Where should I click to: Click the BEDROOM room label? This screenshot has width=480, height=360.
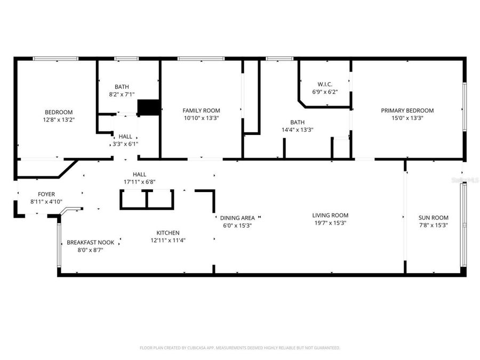(59, 112)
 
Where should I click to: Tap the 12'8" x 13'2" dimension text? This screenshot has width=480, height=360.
(59, 120)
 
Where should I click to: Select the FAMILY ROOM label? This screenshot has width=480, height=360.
(201, 110)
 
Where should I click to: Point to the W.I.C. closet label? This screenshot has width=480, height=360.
(325, 84)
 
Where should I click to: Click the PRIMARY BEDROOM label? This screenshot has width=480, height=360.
(407, 110)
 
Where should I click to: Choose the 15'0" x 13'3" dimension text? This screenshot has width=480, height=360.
(407, 118)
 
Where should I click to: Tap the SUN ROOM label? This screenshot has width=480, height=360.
(433, 218)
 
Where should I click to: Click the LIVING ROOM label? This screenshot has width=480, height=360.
(330, 215)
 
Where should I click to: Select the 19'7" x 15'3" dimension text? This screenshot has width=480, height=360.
(330, 223)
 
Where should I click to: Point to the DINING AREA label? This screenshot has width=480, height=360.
(237, 218)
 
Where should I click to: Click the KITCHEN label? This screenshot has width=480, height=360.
(167, 233)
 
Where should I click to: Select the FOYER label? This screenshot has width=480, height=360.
(46, 194)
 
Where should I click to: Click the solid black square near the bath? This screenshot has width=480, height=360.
(149, 107)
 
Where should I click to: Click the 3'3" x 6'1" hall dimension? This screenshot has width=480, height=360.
(125, 144)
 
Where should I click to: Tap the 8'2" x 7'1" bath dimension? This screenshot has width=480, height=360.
(122, 94)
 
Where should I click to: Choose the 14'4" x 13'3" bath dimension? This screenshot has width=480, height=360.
(297, 130)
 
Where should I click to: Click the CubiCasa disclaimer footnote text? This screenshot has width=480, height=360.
(239, 348)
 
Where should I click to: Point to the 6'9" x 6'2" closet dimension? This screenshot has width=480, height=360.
(325, 92)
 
